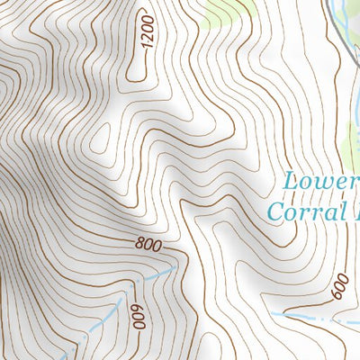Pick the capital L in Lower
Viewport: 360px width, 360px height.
tap(291, 181)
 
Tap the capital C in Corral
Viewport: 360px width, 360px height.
tap(278, 212)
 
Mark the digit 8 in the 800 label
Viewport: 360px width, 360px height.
tap(139, 243)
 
